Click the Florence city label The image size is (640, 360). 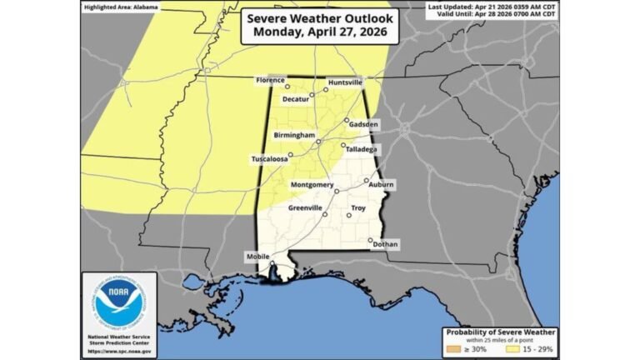click(x=271, y=80)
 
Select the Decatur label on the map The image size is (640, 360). click(x=295, y=99)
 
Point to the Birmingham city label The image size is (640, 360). click(x=293, y=134)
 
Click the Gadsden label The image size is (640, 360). click(x=363, y=124)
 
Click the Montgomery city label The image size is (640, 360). click(x=312, y=184)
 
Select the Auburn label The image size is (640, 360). click(x=382, y=184)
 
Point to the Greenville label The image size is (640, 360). click(x=304, y=207)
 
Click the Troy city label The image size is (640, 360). click(x=358, y=207)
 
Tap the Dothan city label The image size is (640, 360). click(x=386, y=244)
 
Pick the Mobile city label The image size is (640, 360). click(x=257, y=257)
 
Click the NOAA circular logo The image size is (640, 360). click(x=118, y=302)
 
